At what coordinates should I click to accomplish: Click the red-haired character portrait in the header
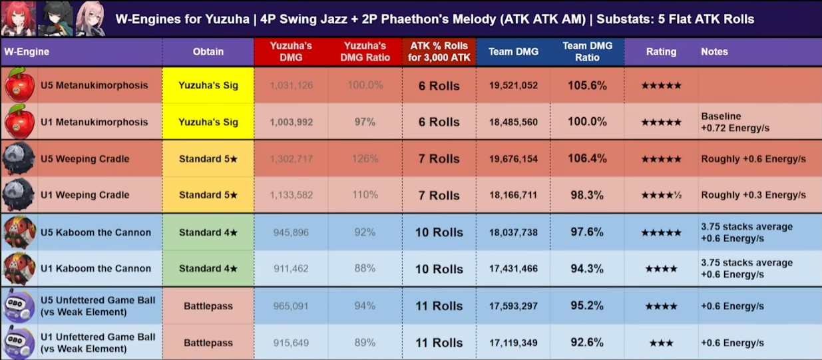coord(18,18)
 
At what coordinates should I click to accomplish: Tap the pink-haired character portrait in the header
coord(90,18)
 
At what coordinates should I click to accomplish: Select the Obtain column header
coord(208,52)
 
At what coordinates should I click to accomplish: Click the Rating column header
coord(661,52)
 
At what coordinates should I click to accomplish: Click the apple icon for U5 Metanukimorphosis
coord(19,85)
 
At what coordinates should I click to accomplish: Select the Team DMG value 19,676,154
coord(513,159)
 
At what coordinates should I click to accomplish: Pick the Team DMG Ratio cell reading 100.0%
coord(586,122)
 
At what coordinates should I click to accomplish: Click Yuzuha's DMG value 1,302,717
coord(292,159)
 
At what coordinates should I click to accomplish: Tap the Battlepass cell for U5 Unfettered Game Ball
coord(208,306)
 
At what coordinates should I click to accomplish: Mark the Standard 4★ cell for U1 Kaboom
coord(208,269)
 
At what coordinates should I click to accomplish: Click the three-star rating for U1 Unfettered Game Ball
coord(660,343)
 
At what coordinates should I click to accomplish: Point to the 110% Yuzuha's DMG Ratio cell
coord(365,196)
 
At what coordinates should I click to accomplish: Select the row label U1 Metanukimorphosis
coord(94,122)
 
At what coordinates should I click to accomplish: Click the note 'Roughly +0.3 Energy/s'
coord(753,196)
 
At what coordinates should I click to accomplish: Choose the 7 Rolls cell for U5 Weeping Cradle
coord(439,159)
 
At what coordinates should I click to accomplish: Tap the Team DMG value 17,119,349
coord(513,343)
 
